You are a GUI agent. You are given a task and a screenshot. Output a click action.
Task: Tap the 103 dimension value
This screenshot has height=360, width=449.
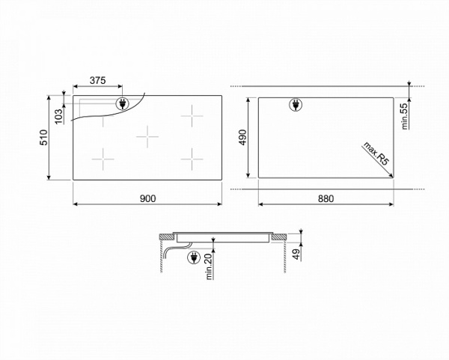coord(61,113)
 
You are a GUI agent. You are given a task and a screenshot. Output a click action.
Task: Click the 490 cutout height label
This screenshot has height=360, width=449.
coord(242,136)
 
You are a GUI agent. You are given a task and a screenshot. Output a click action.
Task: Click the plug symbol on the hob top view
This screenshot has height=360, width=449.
coord(121,104)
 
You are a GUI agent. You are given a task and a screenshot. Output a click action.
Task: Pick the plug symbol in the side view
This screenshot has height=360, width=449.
coord(195,258)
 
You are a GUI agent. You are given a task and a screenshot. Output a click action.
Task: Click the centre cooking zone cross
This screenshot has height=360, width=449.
coord(148,136)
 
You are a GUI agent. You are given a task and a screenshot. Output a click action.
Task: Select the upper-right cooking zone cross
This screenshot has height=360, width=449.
coord(192,115)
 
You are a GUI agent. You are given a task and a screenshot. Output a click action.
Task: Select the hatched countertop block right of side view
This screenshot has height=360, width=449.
coord(280,238)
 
